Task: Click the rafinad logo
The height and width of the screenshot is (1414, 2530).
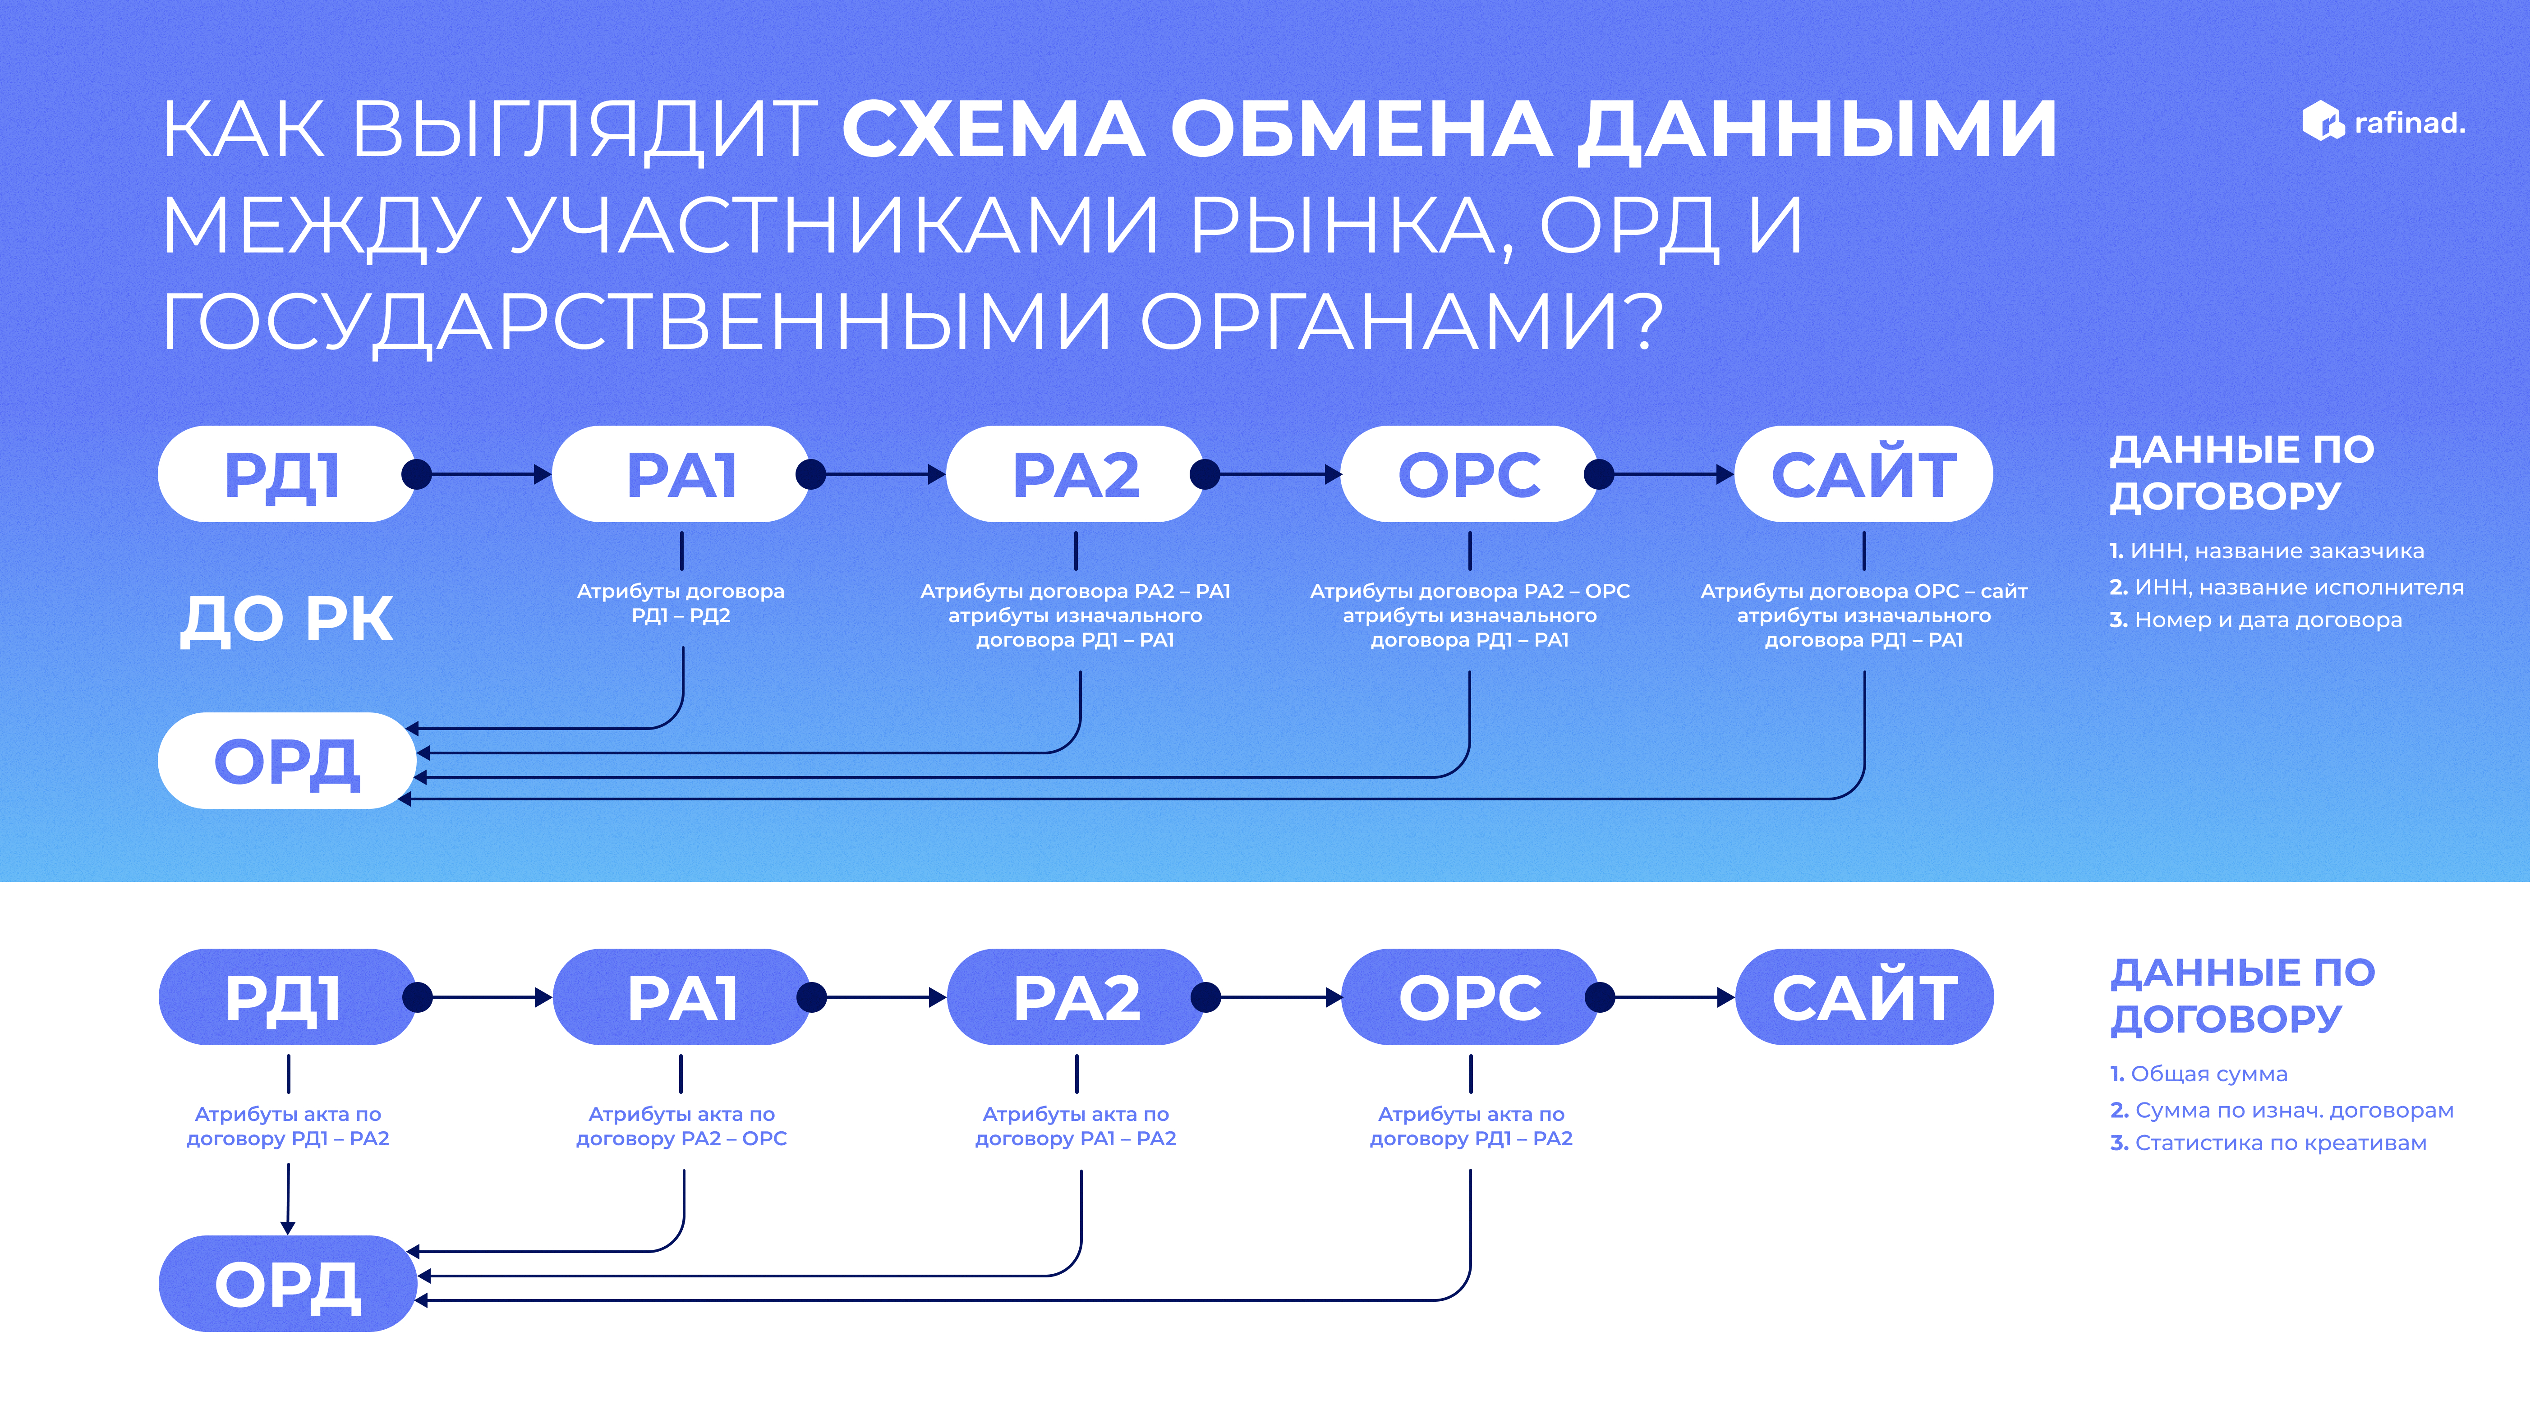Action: [x=2383, y=123]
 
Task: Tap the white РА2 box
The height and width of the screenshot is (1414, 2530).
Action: [x=1075, y=474]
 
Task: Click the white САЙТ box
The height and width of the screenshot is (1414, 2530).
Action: [x=1863, y=474]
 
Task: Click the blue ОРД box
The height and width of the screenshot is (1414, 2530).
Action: [x=287, y=1283]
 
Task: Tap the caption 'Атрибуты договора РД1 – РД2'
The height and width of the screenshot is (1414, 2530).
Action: [x=681, y=603]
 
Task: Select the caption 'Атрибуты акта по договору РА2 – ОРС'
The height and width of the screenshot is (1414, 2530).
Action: [x=681, y=1126]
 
